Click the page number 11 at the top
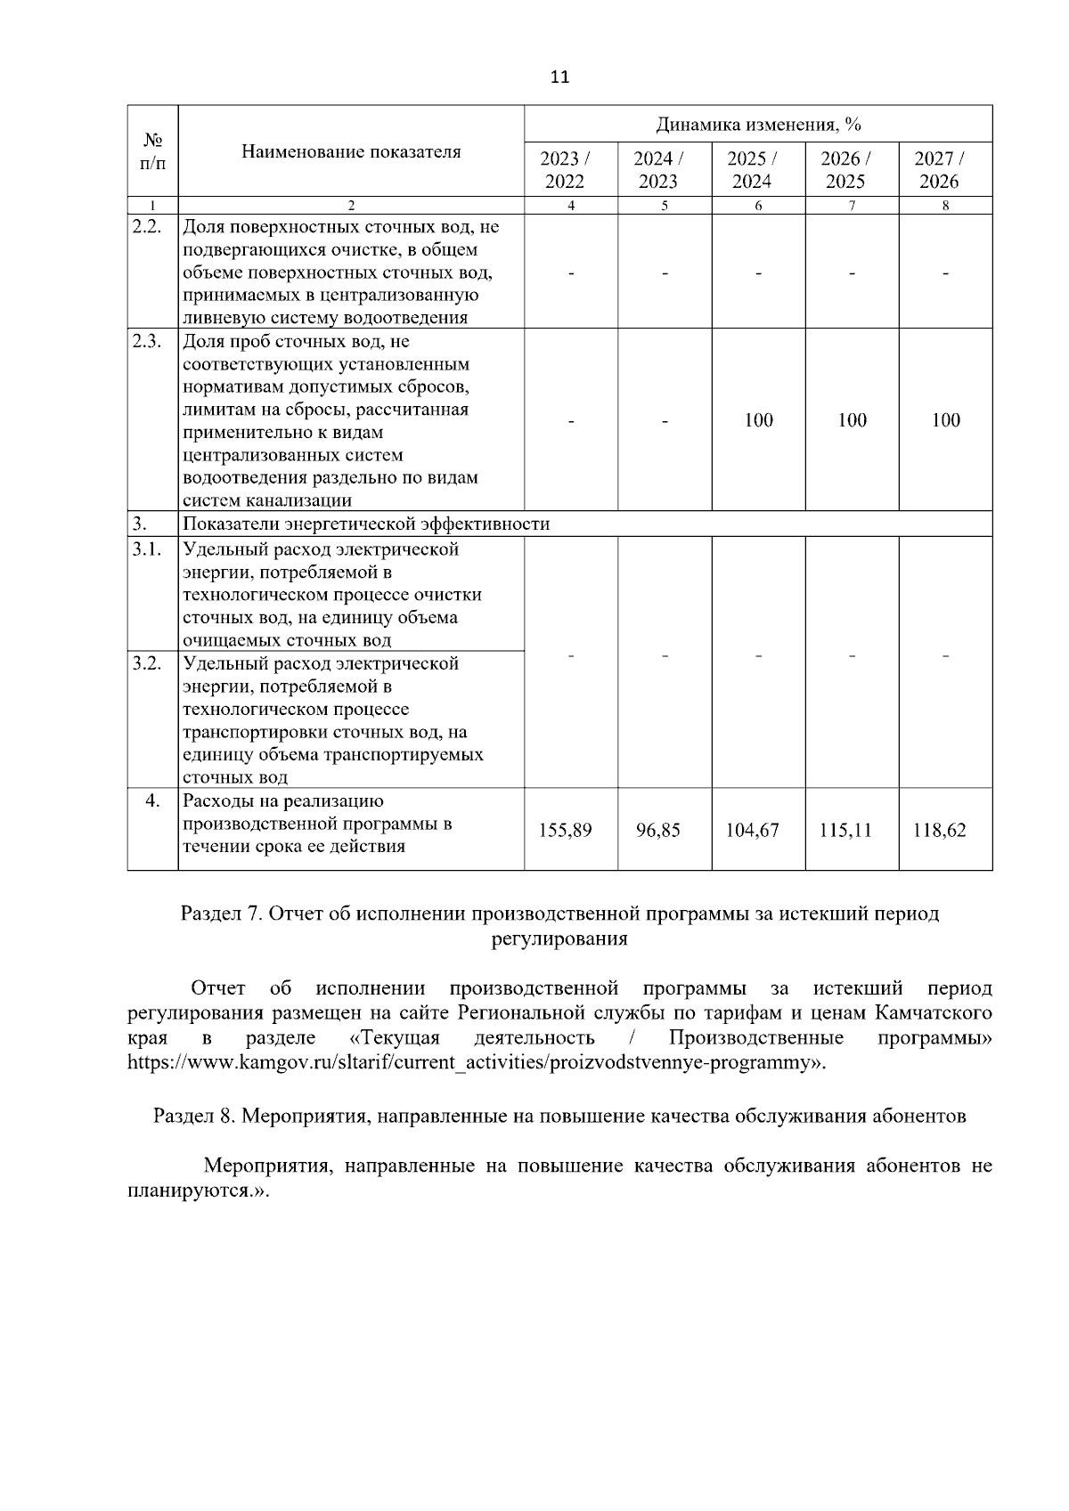[559, 77]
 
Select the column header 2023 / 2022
[565, 170]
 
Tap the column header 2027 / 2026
[944, 170]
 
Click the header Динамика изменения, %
[758, 124]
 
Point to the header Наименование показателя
[351, 151]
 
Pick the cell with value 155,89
[565, 830]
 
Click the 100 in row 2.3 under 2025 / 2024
[758, 420]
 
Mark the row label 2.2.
[146, 226]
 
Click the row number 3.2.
[146, 663]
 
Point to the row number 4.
[152, 800]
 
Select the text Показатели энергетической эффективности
[365, 524]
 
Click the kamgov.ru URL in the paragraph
[472, 1062]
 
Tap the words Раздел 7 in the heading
[219, 914]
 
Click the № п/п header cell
[152, 151]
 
